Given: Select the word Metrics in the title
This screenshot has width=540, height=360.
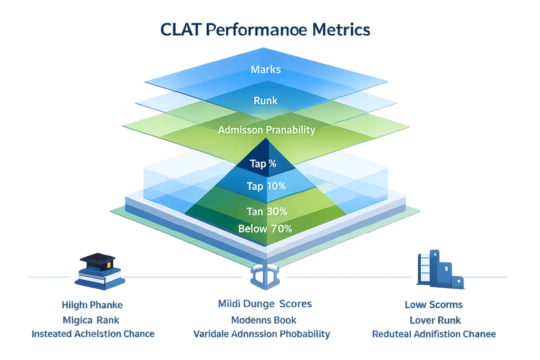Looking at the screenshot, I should (x=341, y=30).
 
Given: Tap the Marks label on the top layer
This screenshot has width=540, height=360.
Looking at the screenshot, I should (x=265, y=70).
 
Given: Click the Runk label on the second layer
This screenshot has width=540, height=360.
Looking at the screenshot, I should (x=265, y=100).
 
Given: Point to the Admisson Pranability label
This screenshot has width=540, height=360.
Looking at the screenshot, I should (x=266, y=130).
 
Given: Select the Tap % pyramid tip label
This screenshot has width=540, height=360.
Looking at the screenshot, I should (x=263, y=163).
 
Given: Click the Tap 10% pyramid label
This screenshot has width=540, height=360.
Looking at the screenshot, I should (x=266, y=186).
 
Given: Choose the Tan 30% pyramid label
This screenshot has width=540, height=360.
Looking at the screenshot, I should (x=267, y=211).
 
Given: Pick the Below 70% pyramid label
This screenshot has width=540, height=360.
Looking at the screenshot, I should (x=265, y=229).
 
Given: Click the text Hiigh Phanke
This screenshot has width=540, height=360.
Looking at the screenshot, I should (x=92, y=305).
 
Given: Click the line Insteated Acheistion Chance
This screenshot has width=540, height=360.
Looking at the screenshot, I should (x=93, y=334).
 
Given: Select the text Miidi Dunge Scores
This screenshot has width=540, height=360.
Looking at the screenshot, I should (x=264, y=304).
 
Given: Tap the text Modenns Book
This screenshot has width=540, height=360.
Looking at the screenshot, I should (x=264, y=319).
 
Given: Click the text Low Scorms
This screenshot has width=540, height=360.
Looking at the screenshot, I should (x=434, y=305).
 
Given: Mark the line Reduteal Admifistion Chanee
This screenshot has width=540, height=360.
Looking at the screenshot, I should (x=434, y=334).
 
